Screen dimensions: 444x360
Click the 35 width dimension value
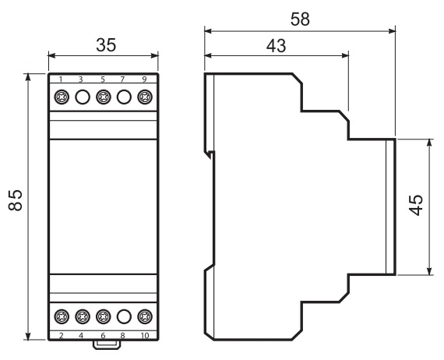(106, 44)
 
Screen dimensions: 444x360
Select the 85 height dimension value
(16, 200)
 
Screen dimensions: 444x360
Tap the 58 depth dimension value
(300, 19)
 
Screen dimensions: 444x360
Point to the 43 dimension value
(276, 46)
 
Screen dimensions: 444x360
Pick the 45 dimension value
(416, 205)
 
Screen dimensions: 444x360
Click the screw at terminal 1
(62, 97)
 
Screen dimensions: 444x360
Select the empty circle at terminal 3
(83, 97)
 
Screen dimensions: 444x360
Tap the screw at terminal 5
(104, 97)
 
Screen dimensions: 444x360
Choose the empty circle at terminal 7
(124, 97)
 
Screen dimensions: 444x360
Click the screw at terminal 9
(145, 97)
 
